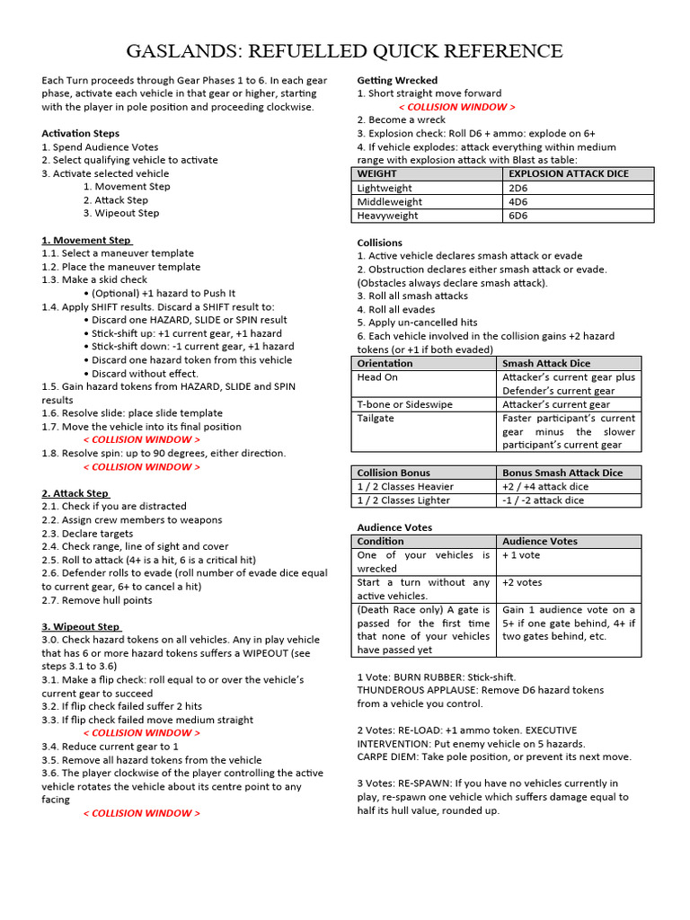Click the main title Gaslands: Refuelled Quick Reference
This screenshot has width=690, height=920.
click(x=345, y=50)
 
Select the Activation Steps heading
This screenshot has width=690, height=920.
click(x=80, y=133)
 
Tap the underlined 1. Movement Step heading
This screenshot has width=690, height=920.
click(x=86, y=240)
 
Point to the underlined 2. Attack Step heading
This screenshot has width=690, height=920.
click(x=75, y=493)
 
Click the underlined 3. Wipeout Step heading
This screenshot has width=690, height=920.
click(x=81, y=626)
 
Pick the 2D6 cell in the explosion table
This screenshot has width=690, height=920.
click(x=518, y=188)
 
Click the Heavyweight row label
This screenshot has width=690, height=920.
click(x=388, y=216)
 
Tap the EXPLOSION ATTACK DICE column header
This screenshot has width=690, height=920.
click(x=569, y=173)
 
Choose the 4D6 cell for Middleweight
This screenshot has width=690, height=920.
click(x=518, y=202)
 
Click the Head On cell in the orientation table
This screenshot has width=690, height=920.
click(x=377, y=377)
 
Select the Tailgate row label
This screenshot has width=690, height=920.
click(x=376, y=418)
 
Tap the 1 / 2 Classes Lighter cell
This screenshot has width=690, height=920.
click(x=403, y=500)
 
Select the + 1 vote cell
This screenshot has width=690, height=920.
click(x=522, y=555)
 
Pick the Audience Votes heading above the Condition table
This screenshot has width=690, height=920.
click(x=394, y=527)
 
